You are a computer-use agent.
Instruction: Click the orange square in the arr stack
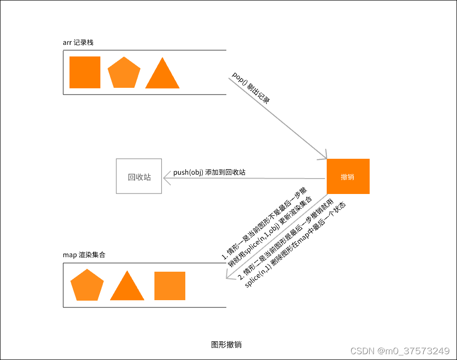click(x=85, y=72)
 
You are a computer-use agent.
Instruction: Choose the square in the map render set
click(x=170, y=286)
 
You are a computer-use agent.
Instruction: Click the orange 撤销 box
click(x=348, y=177)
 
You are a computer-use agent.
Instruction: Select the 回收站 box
click(x=139, y=177)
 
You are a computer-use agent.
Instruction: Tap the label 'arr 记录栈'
click(x=78, y=42)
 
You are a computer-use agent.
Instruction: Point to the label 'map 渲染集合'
click(x=84, y=254)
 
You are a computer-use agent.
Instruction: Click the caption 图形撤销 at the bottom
click(x=226, y=345)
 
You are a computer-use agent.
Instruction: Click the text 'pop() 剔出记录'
click(x=250, y=87)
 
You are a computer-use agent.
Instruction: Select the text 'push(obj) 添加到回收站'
click(x=209, y=172)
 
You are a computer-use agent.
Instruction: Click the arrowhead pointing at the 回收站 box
click(x=166, y=179)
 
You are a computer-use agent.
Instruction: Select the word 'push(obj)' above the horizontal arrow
click(x=188, y=172)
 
